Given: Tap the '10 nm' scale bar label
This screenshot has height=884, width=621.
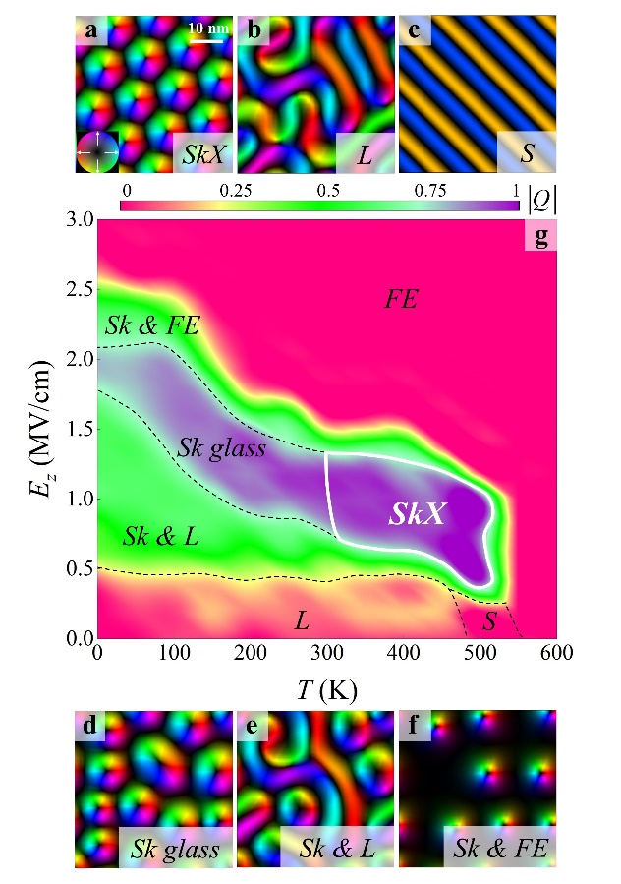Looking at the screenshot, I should pyautogui.click(x=208, y=28).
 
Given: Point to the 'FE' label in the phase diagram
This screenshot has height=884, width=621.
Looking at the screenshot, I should pyautogui.click(x=401, y=300).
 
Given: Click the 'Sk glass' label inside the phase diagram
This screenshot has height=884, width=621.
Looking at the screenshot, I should pyautogui.click(x=222, y=448).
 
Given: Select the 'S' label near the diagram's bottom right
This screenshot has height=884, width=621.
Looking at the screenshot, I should pyautogui.click(x=488, y=620).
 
